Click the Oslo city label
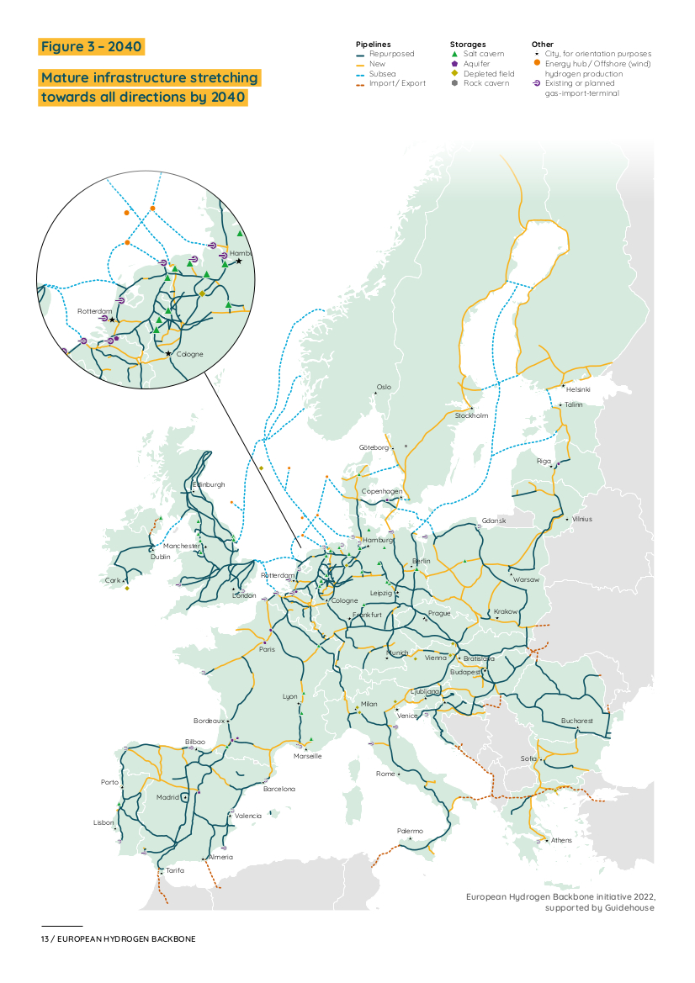coord(384,387)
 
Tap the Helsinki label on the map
coord(578,389)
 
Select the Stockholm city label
coord(471,415)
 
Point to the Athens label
coord(561,840)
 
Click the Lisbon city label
coord(103,822)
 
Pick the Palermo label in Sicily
coord(410,831)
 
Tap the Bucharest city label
coord(577,721)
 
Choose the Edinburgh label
coord(210,484)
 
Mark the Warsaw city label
coord(526,579)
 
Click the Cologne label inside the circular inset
coord(189,354)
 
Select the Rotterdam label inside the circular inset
coord(94,311)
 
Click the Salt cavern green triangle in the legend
coord(454,54)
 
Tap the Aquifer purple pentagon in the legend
coord(454,64)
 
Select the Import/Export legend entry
coord(397,83)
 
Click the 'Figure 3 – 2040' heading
coord(92,46)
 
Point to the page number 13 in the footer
coord(45,938)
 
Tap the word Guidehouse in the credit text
coord(629,908)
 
